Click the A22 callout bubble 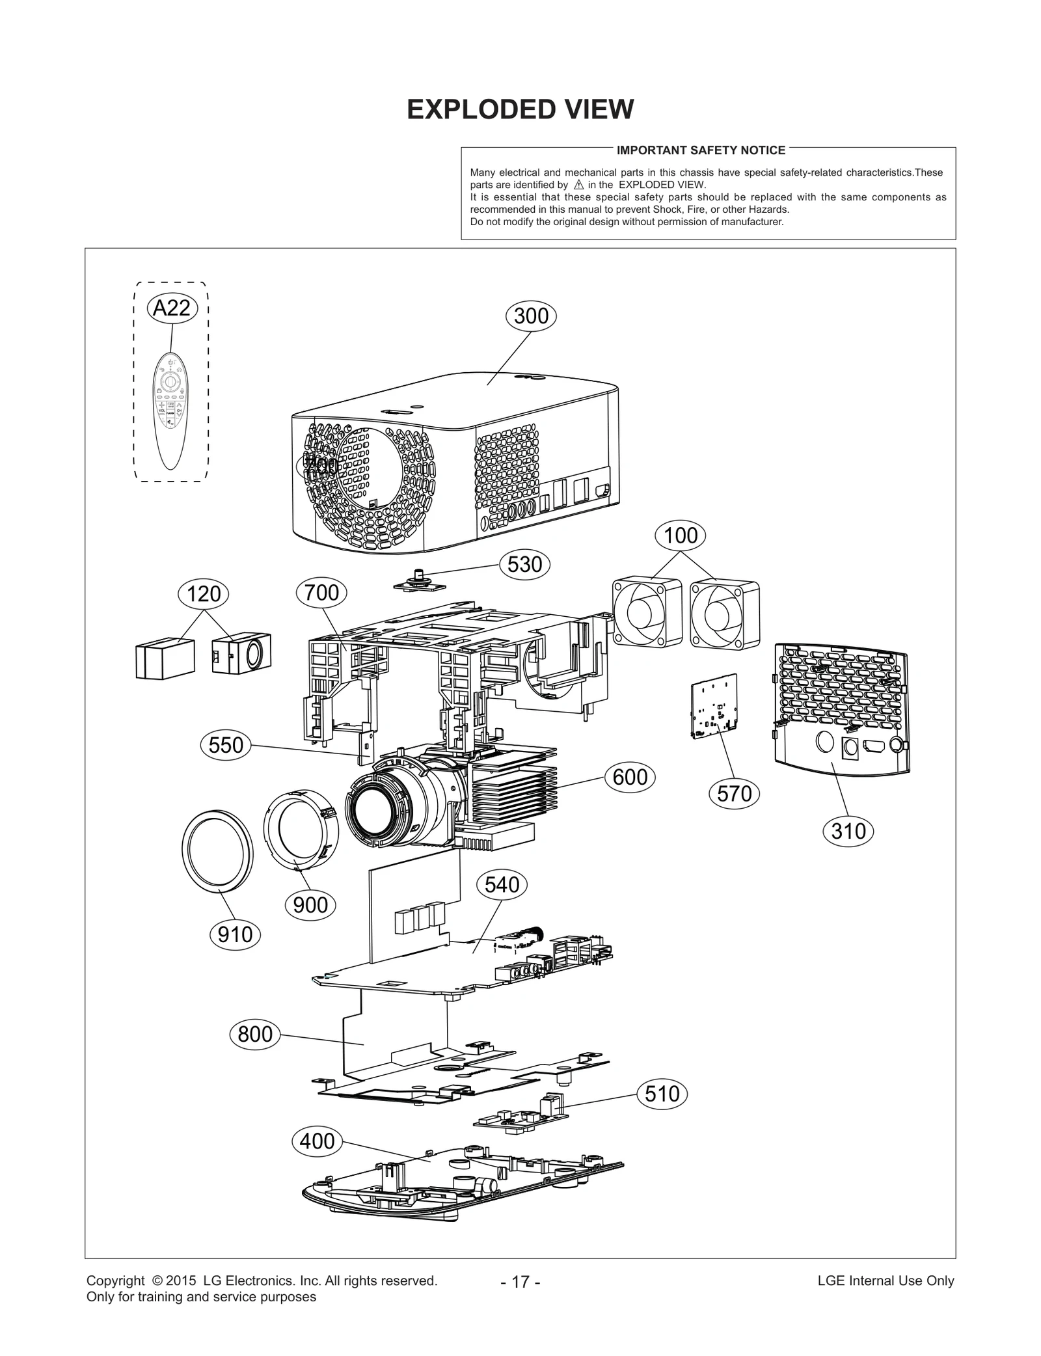[171, 307]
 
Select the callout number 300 [531, 316]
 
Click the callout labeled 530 [524, 564]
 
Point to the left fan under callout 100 [647, 614]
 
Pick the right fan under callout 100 [725, 615]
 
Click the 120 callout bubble [204, 593]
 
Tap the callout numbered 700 [321, 592]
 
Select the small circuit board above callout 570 [714, 707]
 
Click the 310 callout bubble [848, 831]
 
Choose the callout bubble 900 [310, 905]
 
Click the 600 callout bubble [630, 777]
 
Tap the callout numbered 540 [502, 885]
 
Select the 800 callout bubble [255, 1034]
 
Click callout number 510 [662, 1093]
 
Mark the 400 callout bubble [317, 1141]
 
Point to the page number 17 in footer [520, 1282]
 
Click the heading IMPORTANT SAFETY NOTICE [701, 150]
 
